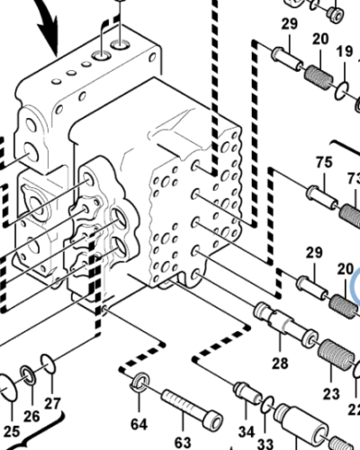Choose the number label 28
coord(280,363)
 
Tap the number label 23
coord(333,392)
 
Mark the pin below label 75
coord(322,194)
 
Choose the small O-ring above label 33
coord(266,402)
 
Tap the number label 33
coord(265,443)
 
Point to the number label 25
coord(11,429)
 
